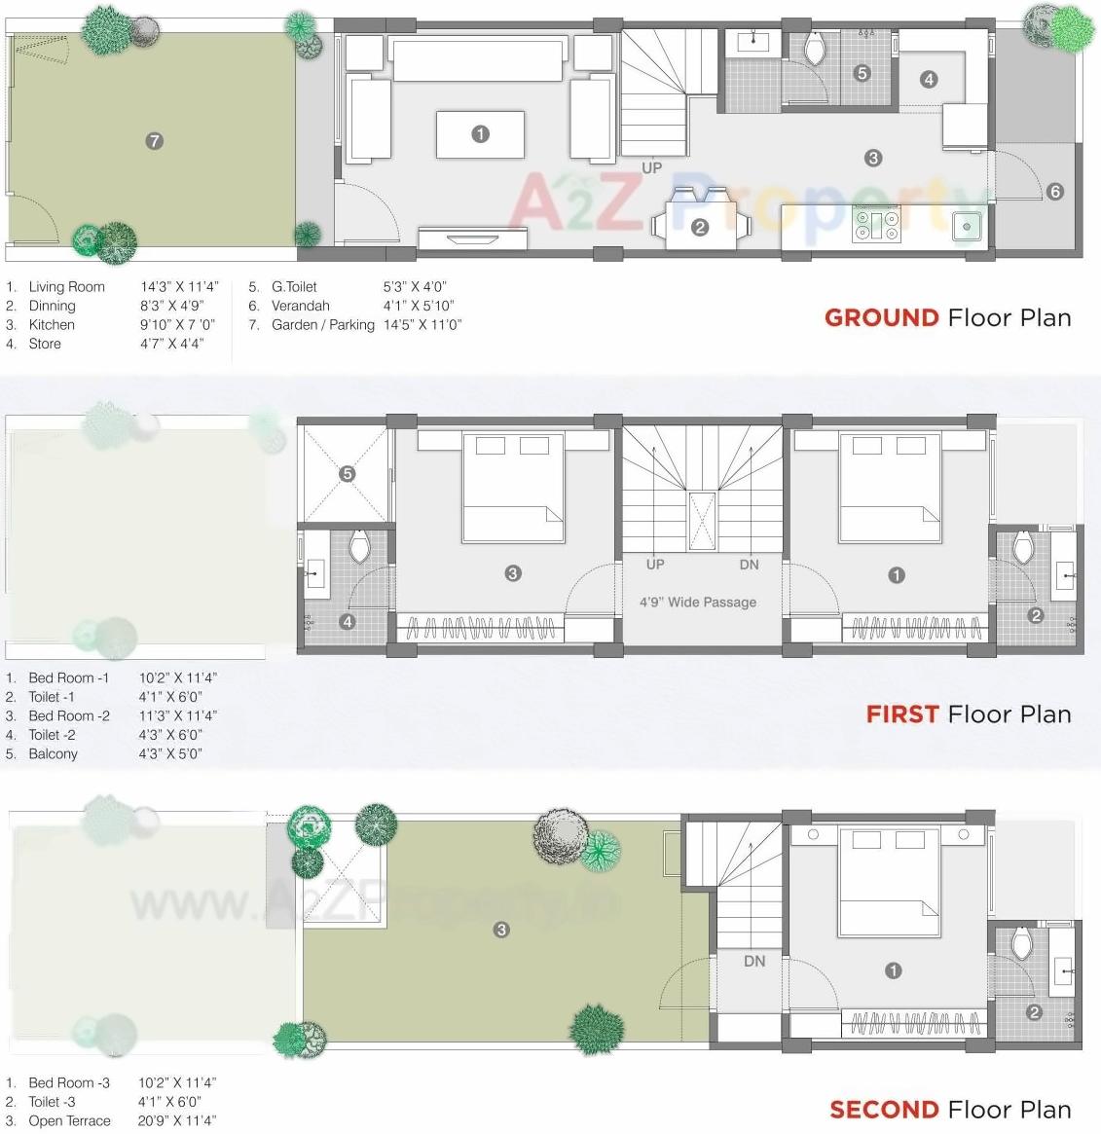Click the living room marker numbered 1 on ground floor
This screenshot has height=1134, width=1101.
[x=480, y=134]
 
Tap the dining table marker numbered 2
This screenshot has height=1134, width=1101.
[x=700, y=228]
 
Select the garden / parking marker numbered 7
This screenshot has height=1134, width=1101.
[x=154, y=141]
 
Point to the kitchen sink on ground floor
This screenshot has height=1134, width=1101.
[x=967, y=227]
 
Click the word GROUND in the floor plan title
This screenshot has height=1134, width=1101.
[x=881, y=318]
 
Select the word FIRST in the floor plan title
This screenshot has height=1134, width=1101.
[x=901, y=714]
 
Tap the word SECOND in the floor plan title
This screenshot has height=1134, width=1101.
[x=884, y=1110]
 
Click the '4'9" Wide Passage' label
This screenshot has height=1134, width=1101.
[x=697, y=603]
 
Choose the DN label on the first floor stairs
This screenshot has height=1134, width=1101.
[x=749, y=565]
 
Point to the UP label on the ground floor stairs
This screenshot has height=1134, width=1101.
[x=651, y=168]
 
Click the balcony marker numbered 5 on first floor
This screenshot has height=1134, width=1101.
[x=348, y=474]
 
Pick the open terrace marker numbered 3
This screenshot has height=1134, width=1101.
[x=501, y=930]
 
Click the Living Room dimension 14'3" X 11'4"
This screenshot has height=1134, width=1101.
[x=179, y=287]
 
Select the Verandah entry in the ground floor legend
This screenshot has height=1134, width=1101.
[x=301, y=306]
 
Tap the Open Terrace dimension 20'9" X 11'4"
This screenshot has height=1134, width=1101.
[x=176, y=1120]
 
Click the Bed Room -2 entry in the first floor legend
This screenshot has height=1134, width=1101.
[x=69, y=715]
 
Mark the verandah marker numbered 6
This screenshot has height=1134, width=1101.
[x=1055, y=192]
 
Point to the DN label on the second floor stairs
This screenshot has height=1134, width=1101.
[x=754, y=961]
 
